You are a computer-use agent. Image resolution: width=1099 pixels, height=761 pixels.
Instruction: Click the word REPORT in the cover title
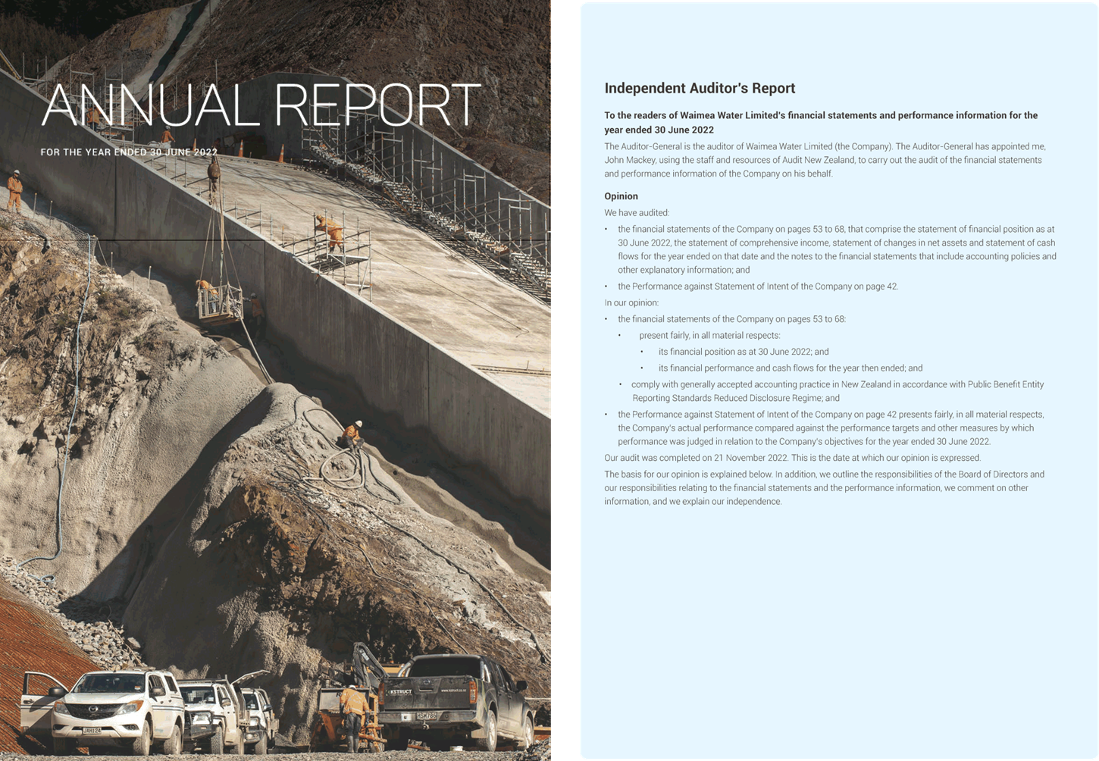point(377,105)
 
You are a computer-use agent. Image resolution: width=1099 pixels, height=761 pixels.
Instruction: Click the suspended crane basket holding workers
point(219,303)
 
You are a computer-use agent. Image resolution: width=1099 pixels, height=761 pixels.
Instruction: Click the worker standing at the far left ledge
point(14,190)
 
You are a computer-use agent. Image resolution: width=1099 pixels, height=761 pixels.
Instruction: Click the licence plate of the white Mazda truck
point(91,731)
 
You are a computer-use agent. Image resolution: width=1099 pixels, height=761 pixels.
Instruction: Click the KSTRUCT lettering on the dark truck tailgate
point(401,691)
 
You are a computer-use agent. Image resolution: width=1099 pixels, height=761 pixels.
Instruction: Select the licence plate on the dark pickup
point(427,716)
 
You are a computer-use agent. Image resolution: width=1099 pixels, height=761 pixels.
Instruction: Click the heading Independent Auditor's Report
point(700,89)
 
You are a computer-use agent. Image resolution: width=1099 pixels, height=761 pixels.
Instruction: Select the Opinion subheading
point(621,196)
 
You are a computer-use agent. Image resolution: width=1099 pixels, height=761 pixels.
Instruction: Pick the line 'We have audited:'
point(637,213)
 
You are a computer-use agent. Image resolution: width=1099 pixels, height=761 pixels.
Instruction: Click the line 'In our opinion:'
point(631,302)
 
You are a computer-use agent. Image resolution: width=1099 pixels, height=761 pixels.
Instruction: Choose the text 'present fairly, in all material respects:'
point(709,336)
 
